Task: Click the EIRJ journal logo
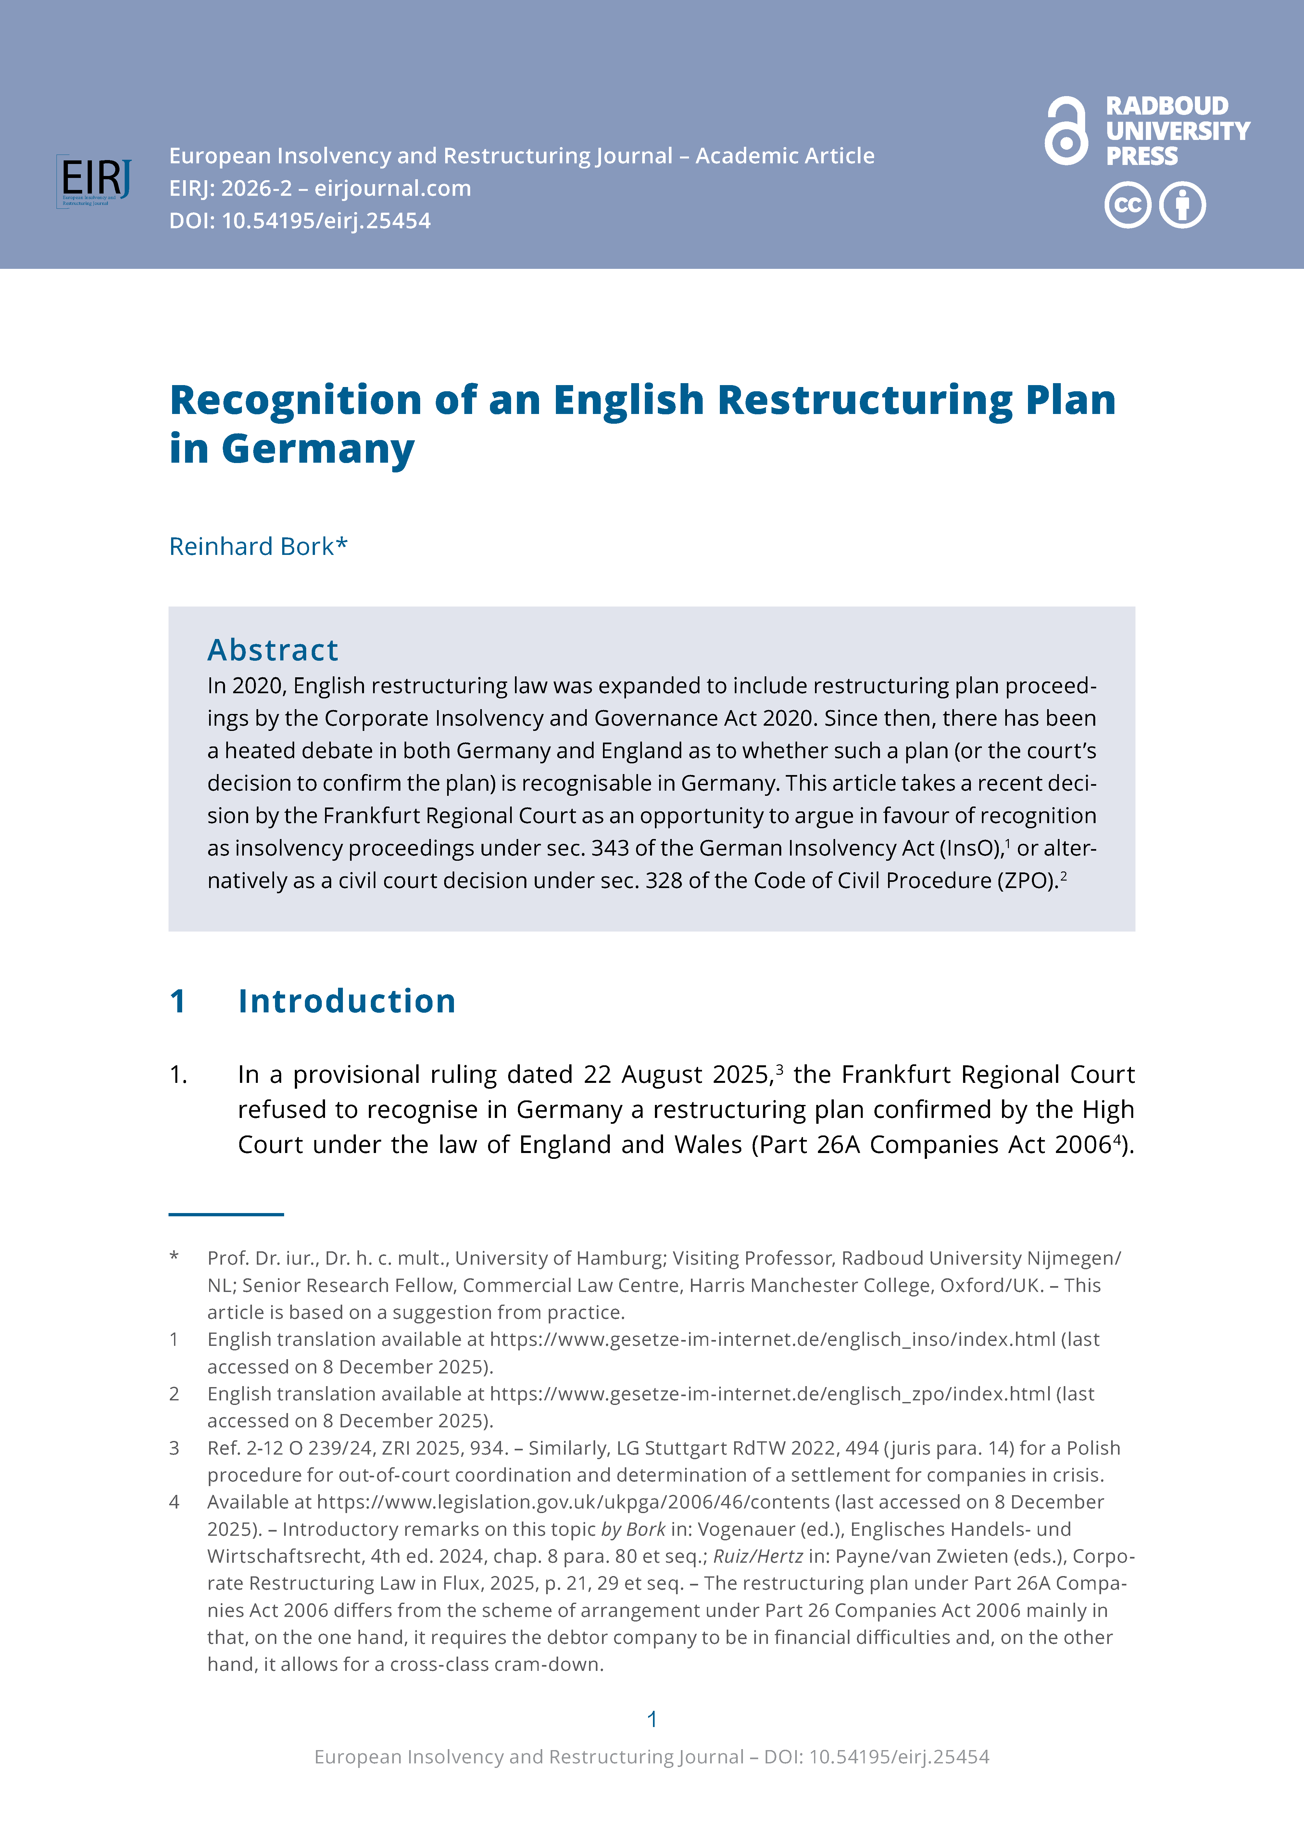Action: coord(94,181)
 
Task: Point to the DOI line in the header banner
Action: coord(299,221)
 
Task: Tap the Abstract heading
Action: coord(273,649)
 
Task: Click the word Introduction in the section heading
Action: coord(347,1001)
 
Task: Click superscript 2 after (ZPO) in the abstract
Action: coord(1064,875)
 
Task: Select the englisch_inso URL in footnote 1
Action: coord(772,1339)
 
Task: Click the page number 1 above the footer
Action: coord(652,1719)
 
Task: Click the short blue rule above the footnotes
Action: coord(226,1214)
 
